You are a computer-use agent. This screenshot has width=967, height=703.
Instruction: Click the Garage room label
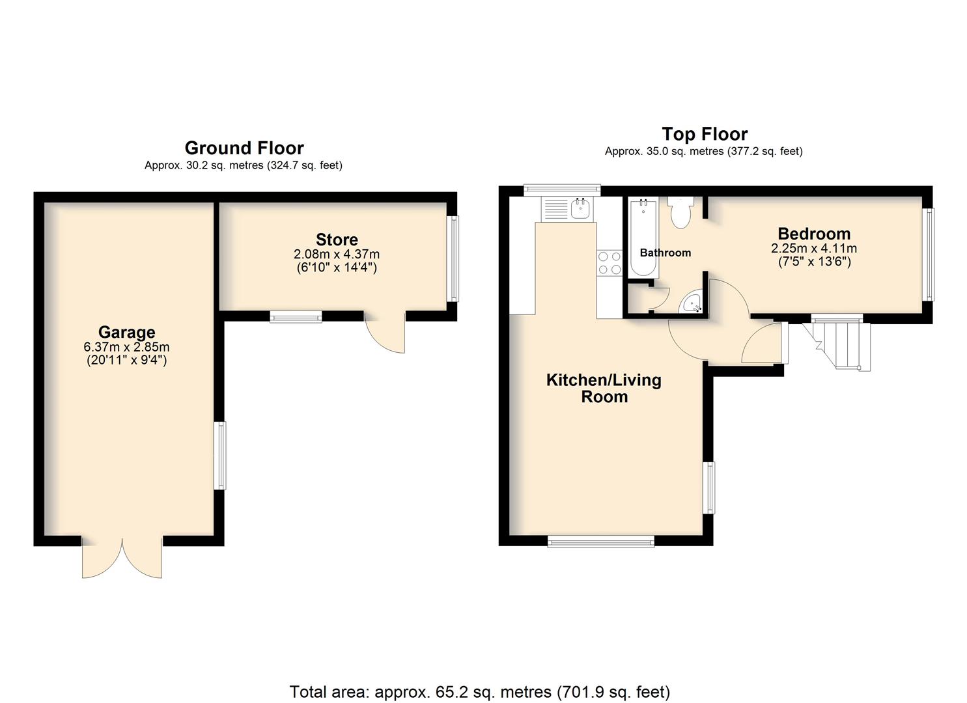[126, 332]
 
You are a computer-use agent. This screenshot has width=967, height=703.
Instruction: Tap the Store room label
[337, 240]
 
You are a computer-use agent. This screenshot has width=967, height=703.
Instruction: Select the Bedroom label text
[814, 234]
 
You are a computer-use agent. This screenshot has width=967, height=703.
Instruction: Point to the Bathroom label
[666, 253]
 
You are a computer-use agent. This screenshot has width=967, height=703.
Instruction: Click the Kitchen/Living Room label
[604, 389]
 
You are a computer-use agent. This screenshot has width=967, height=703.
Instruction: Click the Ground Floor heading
[244, 148]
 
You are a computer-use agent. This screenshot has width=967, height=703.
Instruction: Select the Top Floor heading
[705, 134]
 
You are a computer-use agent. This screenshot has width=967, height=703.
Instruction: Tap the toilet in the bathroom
[680, 212]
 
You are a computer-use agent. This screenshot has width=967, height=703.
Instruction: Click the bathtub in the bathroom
[643, 238]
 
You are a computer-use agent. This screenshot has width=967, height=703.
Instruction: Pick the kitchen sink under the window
[568, 209]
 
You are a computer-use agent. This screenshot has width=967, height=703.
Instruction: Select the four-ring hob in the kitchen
[610, 263]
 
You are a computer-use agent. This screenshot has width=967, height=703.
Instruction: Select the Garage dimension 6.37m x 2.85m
[126, 347]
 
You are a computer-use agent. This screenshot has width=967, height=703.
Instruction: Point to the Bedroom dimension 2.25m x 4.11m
[814, 249]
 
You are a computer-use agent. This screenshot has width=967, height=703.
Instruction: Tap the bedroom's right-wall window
[930, 255]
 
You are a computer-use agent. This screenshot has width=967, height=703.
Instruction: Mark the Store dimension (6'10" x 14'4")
[337, 268]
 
